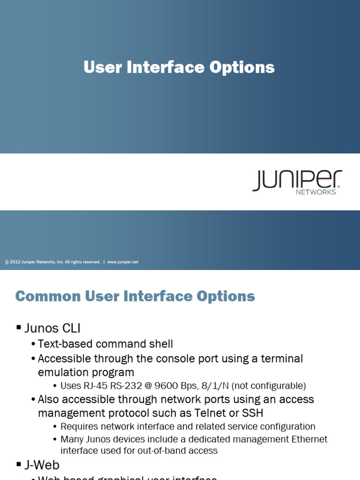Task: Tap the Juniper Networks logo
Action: pyautogui.click(x=297, y=182)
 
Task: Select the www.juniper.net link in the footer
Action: pyautogui.click(x=123, y=262)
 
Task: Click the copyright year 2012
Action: pyautogui.click(x=15, y=262)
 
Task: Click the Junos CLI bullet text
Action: pyautogui.click(x=52, y=328)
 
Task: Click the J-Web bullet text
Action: pyautogui.click(x=42, y=465)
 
